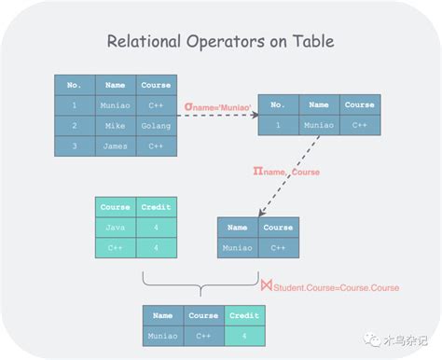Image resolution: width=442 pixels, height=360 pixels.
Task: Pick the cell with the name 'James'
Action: (x=115, y=146)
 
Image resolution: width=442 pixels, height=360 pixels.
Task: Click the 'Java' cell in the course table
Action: (x=116, y=228)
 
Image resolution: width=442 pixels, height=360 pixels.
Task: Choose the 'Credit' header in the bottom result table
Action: (x=243, y=316)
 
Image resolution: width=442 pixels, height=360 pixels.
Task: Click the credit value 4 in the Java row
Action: (x=156, y=228)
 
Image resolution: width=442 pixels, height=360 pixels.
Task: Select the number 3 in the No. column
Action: (x=75, y=146)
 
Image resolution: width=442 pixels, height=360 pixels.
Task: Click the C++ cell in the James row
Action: (x=155, y=146)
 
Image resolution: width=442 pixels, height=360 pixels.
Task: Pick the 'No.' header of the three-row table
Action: (x=75, y=85)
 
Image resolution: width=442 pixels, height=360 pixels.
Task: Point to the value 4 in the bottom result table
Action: (x=243, y=336)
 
